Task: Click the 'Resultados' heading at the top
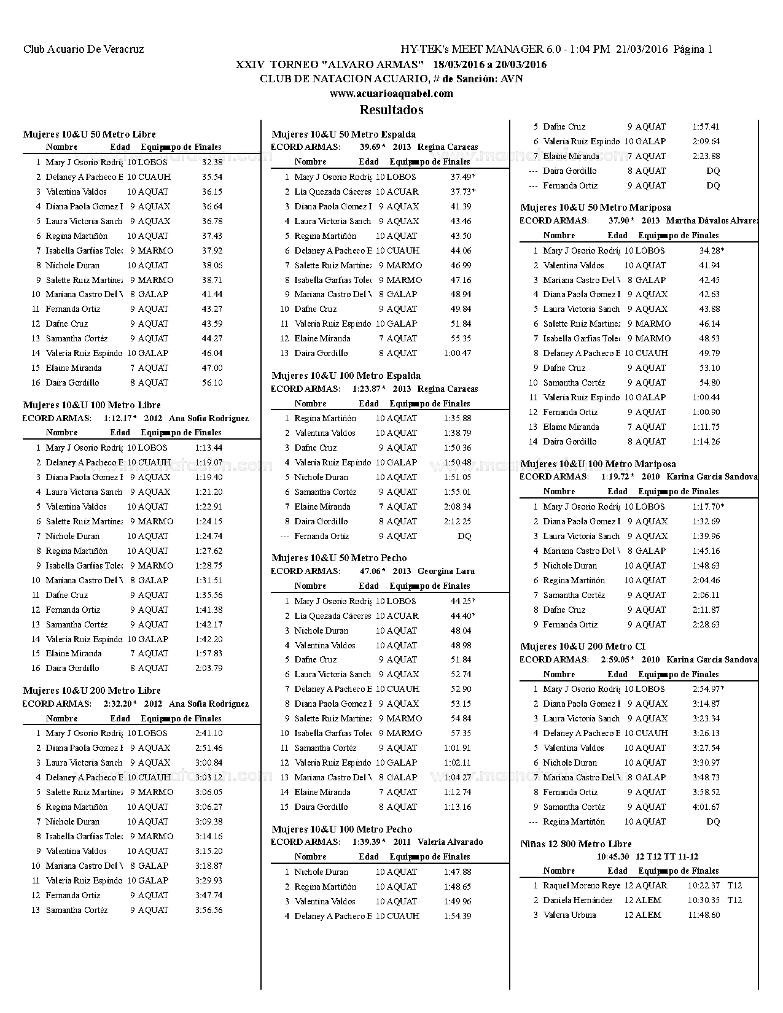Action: (391, 110)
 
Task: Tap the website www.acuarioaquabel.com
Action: (391, 94)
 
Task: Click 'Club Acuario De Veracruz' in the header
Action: (84, 49)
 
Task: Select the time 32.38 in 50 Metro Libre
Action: (212, 162)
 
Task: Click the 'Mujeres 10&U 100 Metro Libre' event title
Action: (92, 405)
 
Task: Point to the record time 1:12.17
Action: (119, 419)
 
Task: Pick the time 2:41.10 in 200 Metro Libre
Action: (209, 733)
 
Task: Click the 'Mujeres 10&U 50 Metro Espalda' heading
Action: (343, 134)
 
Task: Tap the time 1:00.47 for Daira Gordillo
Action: (458, 353)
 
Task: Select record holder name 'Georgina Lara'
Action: (446, 571)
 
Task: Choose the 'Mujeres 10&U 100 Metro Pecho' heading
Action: (341, 829)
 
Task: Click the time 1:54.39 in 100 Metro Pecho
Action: (458, 916)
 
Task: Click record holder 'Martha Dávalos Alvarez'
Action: (712, 221)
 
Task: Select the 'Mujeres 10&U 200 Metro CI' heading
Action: (583, 646)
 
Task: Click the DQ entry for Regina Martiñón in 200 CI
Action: (713, 821)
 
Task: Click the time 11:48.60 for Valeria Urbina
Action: (704, 915)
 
